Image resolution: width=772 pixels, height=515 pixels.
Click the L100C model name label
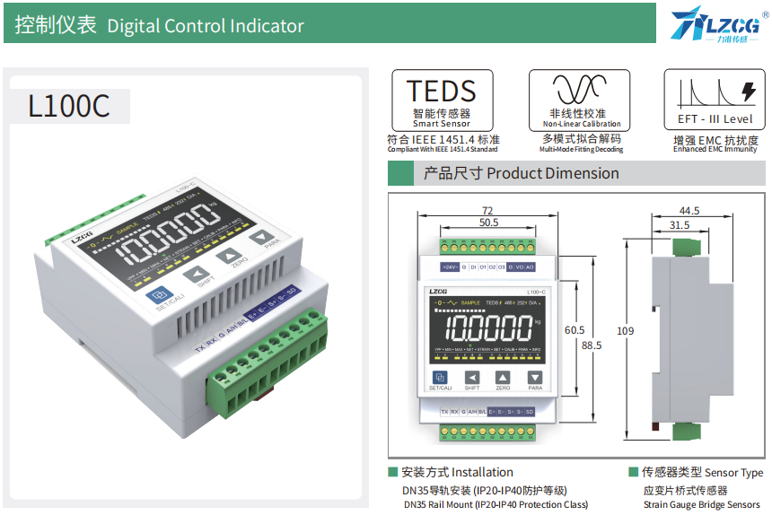coord(69,106)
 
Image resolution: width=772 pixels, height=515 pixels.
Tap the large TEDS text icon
coord(442,91)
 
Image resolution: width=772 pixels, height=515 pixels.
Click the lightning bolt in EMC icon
coord(746,91)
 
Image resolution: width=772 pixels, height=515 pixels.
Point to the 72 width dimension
coord(487,210)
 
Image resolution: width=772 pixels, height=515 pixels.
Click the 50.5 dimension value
coord(487,222)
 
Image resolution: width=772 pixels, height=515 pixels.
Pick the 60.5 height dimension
coord(575,330)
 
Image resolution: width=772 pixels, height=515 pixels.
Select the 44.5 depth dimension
coord(689,210)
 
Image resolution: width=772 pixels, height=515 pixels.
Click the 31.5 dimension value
coord(680,225)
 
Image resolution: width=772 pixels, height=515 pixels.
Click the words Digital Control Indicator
coord(206,26)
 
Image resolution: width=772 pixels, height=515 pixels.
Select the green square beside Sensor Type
coord(633,472)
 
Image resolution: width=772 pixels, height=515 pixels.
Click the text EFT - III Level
coord(715,118)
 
